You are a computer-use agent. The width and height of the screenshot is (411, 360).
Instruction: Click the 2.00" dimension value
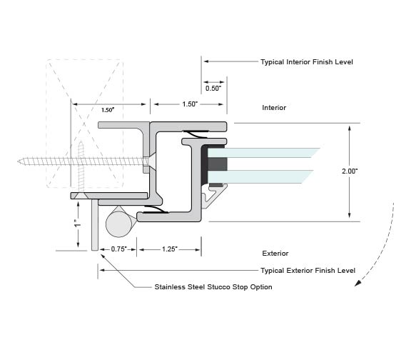point(350,171)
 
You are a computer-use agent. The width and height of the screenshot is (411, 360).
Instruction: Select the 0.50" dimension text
point(213,89)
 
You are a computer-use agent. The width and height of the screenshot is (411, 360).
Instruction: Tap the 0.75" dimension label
point(119,249)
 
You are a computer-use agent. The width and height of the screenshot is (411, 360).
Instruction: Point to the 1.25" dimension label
point(170,249)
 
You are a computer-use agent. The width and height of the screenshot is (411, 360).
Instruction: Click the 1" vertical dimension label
point(77,224)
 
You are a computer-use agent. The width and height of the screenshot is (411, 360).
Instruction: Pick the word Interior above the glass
point(274,108)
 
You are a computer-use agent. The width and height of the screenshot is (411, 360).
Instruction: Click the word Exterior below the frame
point(275,254)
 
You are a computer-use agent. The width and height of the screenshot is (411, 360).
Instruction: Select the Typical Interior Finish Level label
point(307,62)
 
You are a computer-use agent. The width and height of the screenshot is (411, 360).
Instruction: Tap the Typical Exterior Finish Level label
point(308,271)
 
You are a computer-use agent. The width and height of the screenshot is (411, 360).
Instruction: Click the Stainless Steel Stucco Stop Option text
point(213,287)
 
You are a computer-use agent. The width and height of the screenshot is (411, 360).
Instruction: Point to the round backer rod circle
point(119,224)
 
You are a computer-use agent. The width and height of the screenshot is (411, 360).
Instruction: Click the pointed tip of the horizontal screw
point(18,161)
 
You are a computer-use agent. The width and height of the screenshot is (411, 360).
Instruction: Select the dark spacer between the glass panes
point(218,164)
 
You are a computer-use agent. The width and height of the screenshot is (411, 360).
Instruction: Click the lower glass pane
point(260,176)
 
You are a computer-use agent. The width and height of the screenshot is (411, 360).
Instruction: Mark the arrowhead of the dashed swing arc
point(357,283)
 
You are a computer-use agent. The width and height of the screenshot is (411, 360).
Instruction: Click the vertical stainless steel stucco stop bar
point(95,224)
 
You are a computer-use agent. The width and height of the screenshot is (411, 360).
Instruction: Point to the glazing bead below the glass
point(213,196)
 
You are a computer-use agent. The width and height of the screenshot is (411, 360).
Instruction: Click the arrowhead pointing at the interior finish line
point(206,61)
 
